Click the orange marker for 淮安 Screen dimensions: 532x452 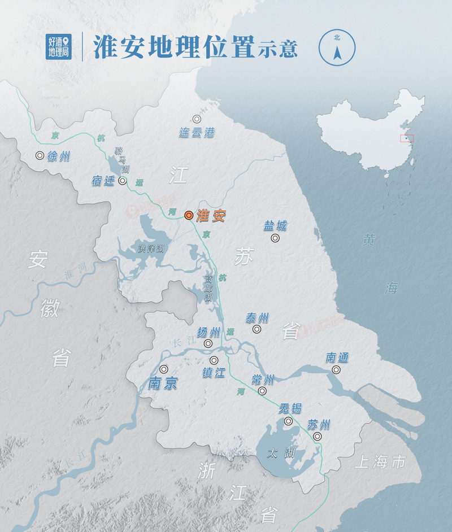189,215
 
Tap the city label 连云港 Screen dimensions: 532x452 197,133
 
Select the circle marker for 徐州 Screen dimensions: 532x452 40,155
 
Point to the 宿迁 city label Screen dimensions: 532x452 103,181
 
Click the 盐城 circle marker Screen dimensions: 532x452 275,238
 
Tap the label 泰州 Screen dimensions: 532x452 257,318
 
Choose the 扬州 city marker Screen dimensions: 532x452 208,343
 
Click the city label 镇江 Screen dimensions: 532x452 214,373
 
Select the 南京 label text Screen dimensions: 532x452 163,383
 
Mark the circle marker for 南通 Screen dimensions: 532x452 336,370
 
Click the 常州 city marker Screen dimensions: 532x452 262,391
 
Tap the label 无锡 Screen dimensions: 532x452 290,408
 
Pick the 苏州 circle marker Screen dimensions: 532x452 318,437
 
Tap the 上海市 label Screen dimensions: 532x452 380,463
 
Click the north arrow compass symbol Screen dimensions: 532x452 337,47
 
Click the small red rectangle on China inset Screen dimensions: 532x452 407,138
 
